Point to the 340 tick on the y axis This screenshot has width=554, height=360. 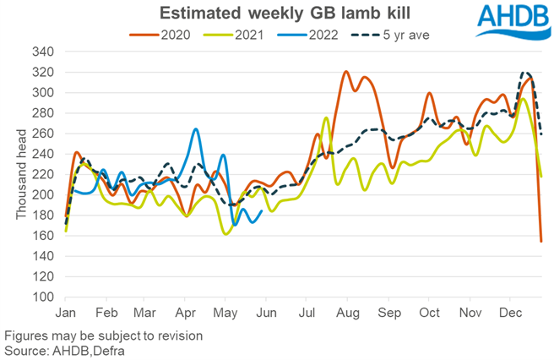(44, 52)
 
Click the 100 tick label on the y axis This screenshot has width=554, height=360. (44, 297)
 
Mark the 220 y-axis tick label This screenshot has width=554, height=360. (44, 174)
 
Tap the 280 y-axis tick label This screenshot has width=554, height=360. (44, 113)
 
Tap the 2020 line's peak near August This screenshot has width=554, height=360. (346, 72)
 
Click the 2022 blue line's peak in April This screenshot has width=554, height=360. (196, 128)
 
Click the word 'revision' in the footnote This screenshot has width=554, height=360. (178, 335)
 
